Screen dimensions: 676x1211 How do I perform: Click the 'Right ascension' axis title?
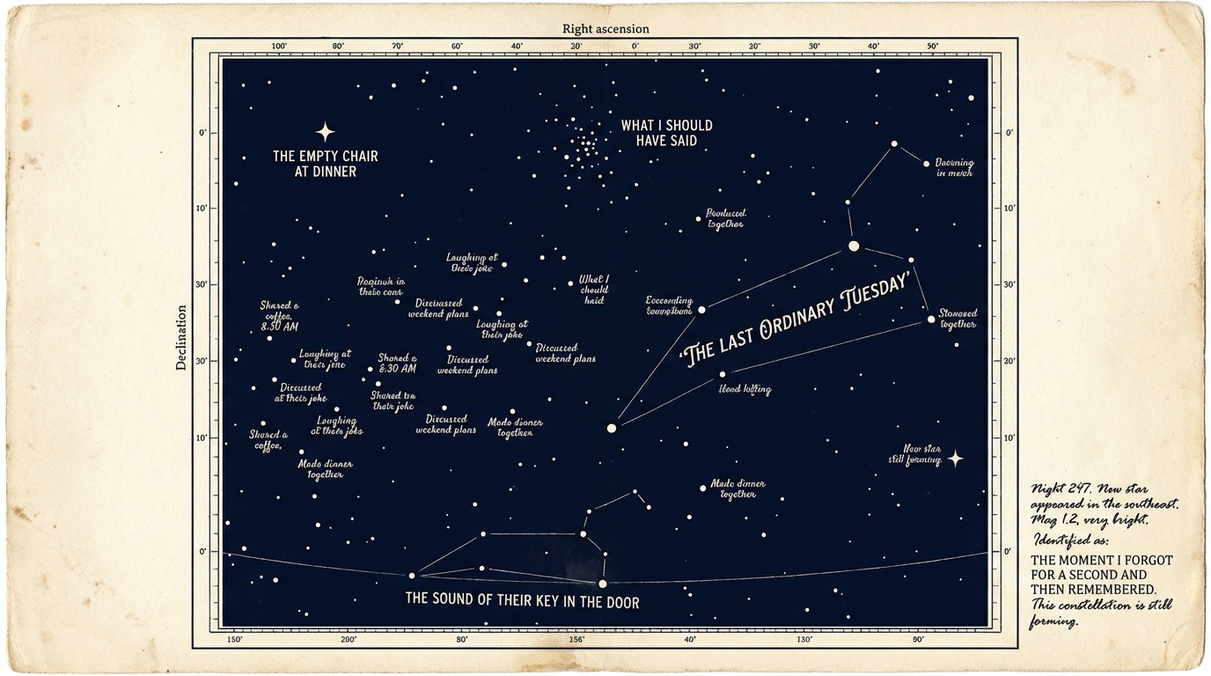605,29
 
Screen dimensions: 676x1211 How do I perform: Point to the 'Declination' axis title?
182,337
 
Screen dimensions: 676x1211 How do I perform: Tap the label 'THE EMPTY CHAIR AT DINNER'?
326,164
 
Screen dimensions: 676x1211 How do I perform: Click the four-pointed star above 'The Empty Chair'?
326,132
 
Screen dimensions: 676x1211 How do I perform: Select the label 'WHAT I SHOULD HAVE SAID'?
666,133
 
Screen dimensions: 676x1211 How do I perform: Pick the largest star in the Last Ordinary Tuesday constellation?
853,246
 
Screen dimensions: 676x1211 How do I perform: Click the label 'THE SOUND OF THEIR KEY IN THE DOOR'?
522,603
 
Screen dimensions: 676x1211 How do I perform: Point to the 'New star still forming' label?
921,454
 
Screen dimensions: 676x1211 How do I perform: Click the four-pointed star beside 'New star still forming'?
955,459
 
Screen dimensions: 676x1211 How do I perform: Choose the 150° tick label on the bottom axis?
234,640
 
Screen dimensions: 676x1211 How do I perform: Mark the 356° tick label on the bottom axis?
576,640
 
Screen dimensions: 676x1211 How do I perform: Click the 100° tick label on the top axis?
279,47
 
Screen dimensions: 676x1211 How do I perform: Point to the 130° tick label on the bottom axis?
804,640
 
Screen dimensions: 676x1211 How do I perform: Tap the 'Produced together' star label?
726,218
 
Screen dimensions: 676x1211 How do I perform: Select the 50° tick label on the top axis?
932,47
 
